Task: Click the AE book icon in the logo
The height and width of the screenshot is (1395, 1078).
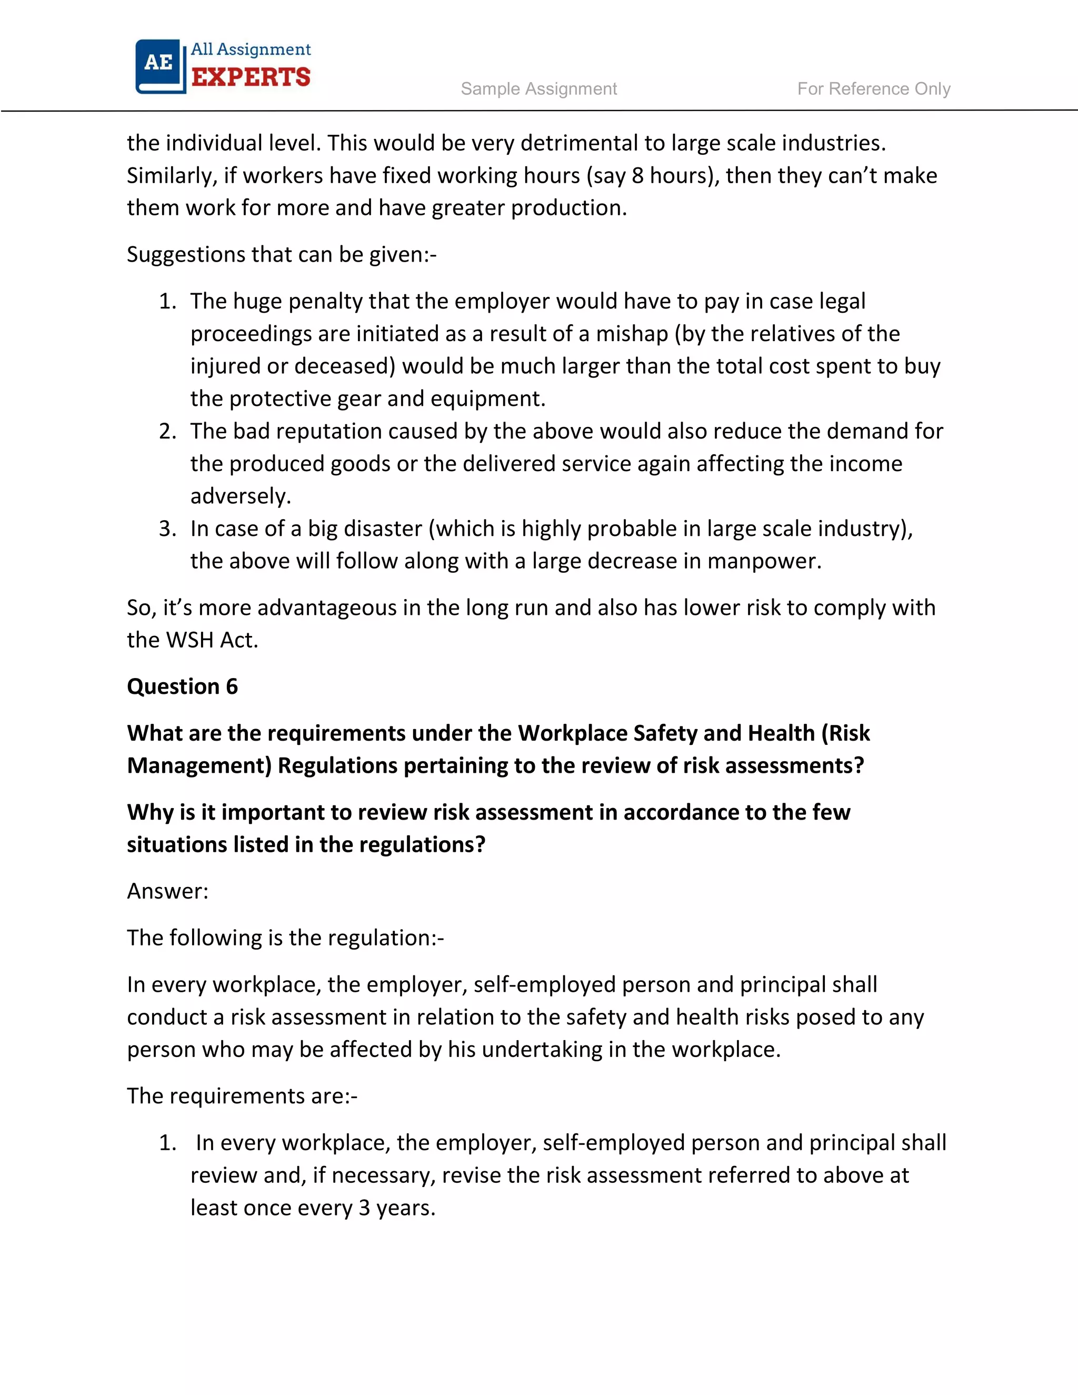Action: pyautogui.click(x=159, y=65)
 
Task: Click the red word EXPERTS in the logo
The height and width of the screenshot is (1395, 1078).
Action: pyautogui.click(x=251, y=77)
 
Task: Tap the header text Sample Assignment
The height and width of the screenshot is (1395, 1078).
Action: pyautogui.click(x=538, y=89)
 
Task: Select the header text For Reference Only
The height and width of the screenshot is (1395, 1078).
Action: pyautogui.click(x=873, y=89)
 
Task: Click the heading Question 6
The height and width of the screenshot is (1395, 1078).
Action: pyautogui.click(x=182, y=686)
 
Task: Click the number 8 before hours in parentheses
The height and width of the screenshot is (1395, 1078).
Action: pyautogui.click(x=637, y=176)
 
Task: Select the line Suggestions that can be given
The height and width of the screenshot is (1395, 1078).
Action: pyautogui.click(x=281, y=254)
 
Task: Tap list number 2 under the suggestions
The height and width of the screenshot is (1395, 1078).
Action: pyautogui.click(x=167, y=431)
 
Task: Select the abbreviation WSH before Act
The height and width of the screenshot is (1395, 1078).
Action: pyautogui.click(x=189, y=640)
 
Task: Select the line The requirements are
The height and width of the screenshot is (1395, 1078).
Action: pyautogui.click(x=242, y=1096)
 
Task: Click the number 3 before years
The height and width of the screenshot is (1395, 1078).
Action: pyautogui.click(x=364, y=1208)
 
